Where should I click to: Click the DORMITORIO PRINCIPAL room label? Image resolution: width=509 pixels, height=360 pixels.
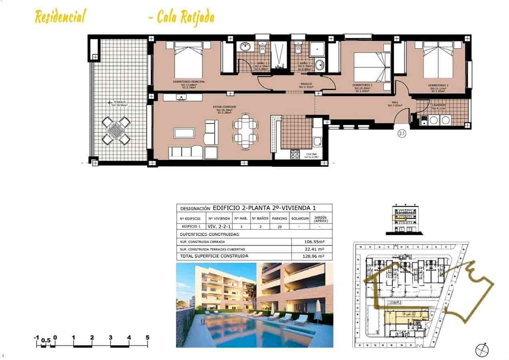(189, 82)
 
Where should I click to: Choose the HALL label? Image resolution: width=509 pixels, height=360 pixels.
(395, 102)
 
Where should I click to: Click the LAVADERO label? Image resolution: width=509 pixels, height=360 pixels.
(439, 105)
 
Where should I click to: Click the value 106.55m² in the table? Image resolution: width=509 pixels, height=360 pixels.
(312, 242)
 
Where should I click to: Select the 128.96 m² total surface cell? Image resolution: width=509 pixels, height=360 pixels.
(312, 256)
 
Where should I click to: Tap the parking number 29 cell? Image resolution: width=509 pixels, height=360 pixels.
(279, 226)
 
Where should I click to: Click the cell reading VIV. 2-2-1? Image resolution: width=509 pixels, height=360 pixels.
(219, 226)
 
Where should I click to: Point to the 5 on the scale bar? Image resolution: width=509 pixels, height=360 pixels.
(148, 338)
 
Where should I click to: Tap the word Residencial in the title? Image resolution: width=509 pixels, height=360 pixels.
(60, 17)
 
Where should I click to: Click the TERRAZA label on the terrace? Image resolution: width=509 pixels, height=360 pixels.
(120, 102)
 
